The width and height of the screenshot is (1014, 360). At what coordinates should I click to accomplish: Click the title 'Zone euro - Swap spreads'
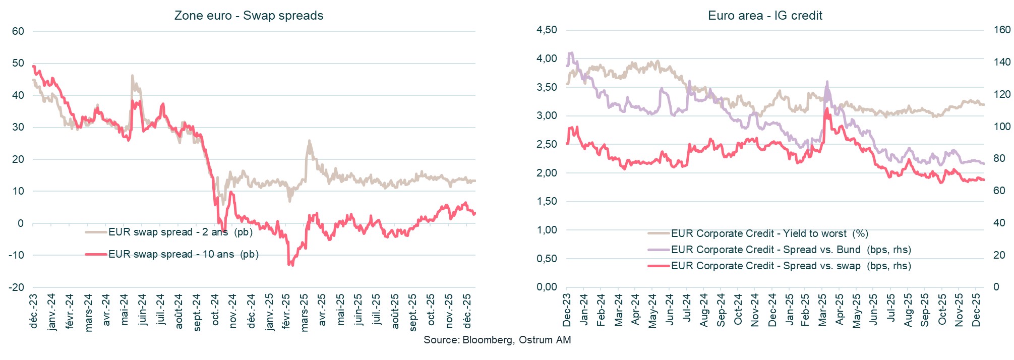point(249,16)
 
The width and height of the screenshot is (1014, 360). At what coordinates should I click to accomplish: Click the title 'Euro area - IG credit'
point(764,16)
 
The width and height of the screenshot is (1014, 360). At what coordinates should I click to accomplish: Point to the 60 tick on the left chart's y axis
point(18,31)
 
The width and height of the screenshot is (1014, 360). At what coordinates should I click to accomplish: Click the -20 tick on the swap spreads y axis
point(17,287)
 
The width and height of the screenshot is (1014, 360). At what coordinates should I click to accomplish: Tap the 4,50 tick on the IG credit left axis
point(547,30)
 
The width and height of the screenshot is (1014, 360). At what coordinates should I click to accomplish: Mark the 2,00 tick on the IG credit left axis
point(547,173)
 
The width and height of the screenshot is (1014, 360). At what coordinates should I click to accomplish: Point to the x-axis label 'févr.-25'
point(286,313)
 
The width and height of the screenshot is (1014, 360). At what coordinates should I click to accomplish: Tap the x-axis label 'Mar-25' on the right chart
point(822,310)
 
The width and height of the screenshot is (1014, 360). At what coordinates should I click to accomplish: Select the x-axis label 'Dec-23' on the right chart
point(567,310)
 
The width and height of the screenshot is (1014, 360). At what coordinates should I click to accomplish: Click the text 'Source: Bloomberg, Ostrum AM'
point(497,340)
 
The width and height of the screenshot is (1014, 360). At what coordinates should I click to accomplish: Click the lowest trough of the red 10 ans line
point(289,264)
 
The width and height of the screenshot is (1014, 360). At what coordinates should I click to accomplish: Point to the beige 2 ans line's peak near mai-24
point(132,76)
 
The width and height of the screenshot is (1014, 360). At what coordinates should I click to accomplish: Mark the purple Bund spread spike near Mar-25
point(827,82)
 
